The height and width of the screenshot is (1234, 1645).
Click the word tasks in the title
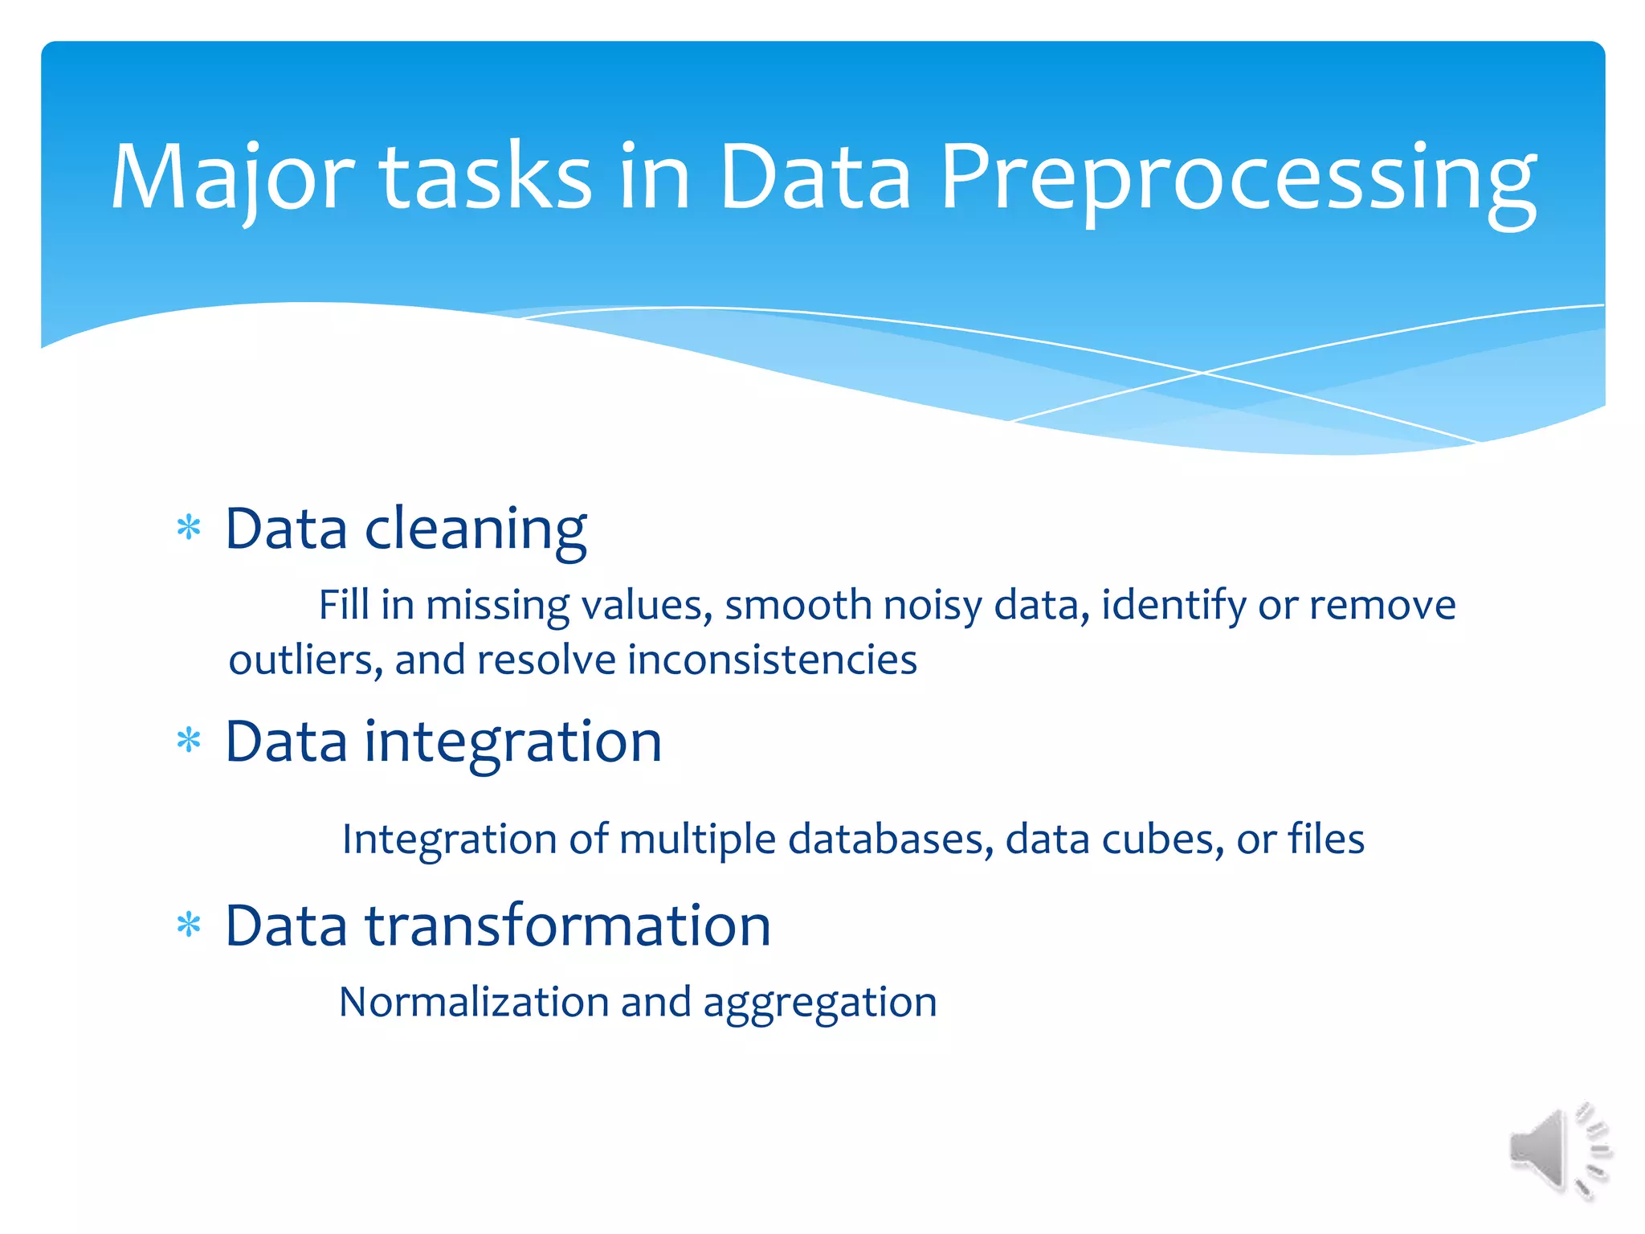click(x=485, y=178)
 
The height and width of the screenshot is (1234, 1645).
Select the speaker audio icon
click(x=1558, y=1150)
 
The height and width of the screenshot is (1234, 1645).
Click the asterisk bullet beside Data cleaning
click(x=189, y=529)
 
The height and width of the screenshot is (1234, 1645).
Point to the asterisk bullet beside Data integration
click(x=189, y=741)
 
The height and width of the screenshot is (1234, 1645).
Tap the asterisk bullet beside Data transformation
click(x=189, y=925)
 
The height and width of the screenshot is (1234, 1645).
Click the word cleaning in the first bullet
click(x=476, y=530)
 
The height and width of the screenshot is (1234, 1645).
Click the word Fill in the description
click(x=344, y=605)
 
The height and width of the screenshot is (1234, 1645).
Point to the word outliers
click(x=300, y=660)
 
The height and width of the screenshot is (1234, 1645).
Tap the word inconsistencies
click(x=771, y=660)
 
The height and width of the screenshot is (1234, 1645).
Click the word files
click(x=1325, y=840)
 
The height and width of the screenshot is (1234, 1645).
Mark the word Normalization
click(x=474, y=1003)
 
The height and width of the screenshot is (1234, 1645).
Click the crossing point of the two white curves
click(x=1202, y=373)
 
